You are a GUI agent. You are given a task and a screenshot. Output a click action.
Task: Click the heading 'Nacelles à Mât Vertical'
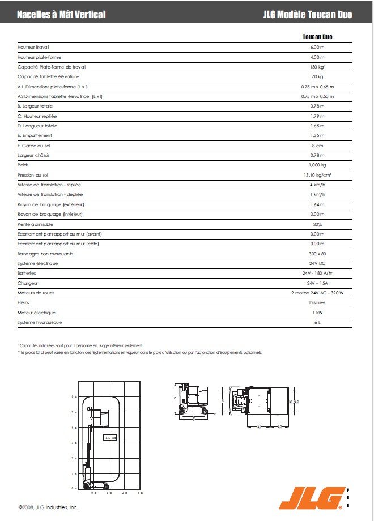(x=61, y=14)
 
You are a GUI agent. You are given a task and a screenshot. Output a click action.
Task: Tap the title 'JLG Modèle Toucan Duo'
(x=308, y=14)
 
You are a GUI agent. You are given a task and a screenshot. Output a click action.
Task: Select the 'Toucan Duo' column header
(x=317, y=37)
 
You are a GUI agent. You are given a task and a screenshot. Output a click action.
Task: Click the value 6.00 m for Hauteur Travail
(x=317, y=47)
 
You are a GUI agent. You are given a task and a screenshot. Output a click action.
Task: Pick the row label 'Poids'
(x=23, y=165)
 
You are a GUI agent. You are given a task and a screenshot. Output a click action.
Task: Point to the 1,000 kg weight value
(x=317, y=165)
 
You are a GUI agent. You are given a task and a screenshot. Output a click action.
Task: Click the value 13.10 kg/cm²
(x=317, y=175)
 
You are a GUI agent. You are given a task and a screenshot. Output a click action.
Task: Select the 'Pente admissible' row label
(x=36, y=224)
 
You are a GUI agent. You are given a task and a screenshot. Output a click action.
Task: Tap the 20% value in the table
(x=317, y=224)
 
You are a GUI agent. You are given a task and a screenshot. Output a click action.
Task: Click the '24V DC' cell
(x=317, y=263)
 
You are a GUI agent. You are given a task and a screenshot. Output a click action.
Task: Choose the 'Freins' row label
(x=24, y=302)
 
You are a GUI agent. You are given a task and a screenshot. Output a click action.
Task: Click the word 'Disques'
(x=317, y=302)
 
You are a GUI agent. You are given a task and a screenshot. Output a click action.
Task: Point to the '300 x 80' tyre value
(x=317, y=254)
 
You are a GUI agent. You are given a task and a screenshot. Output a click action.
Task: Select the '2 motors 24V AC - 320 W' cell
(x=317, y=293)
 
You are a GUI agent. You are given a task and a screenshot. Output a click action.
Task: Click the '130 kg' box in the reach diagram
(x=110, y=437)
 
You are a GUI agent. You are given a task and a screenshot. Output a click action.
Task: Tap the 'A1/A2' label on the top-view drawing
(x=294, y=402)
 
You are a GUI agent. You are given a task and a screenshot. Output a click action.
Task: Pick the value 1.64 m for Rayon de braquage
(x=317, y=204)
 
